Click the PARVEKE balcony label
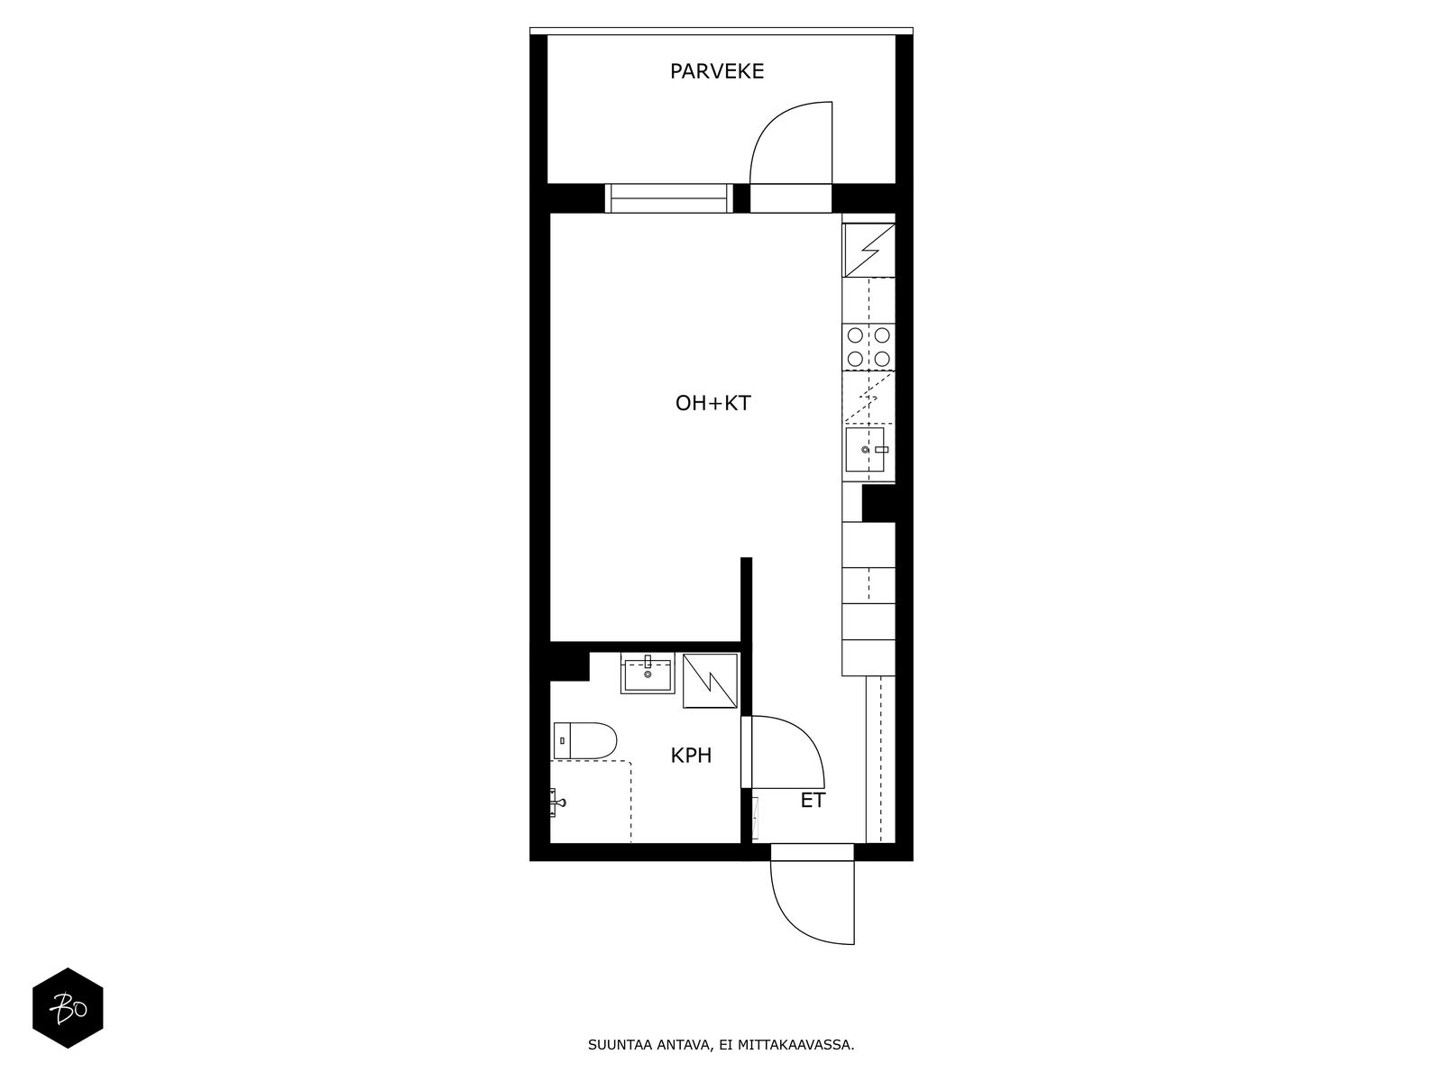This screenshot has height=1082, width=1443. [x=717, y=71]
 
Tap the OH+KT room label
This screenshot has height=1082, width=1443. [x=712, y=403]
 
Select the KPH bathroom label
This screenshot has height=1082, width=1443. [x=691, y=756]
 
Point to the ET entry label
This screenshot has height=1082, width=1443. [x=813, y=800]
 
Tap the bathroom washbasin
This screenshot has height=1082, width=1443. [x=647, y=674]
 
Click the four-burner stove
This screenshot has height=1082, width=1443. [x=868, y=347]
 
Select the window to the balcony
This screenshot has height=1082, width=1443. [x=667, y=197]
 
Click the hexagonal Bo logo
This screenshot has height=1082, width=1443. [x=68, y=1008]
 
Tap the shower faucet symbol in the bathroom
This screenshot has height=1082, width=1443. [x=556, y=800]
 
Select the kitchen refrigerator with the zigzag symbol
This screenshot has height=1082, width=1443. [x=868, y=250]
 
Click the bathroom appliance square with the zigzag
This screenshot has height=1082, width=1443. [x=711, y=682]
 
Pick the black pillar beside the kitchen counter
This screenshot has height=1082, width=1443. [x=878, y=503]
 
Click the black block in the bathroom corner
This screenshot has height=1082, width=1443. [x=568, y=664]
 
